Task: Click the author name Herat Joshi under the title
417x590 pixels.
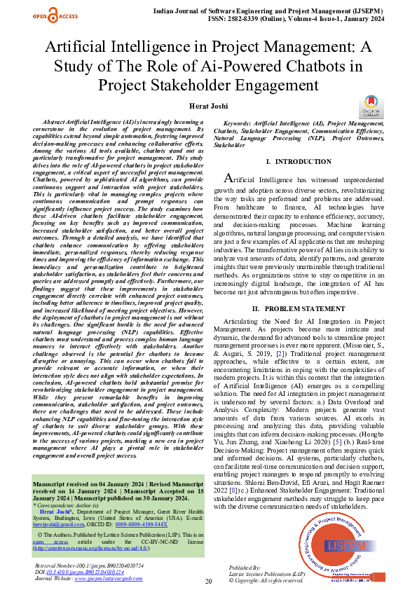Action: pos(208,104)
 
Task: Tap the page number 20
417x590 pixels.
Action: pos(208,581)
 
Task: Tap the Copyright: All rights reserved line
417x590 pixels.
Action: pos(266,580)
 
